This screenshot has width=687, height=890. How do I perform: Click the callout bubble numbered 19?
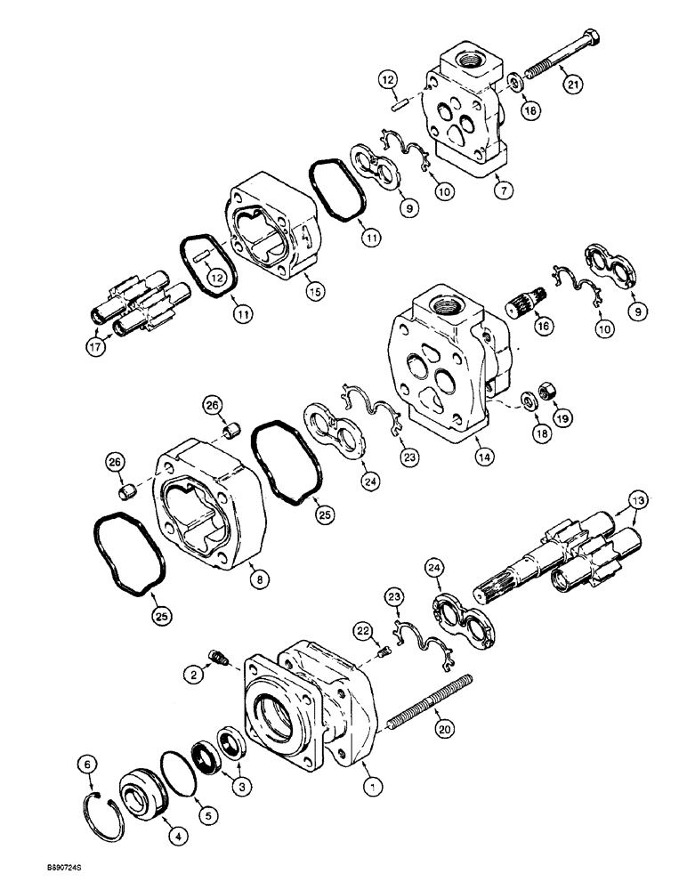(x=562, y=417)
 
